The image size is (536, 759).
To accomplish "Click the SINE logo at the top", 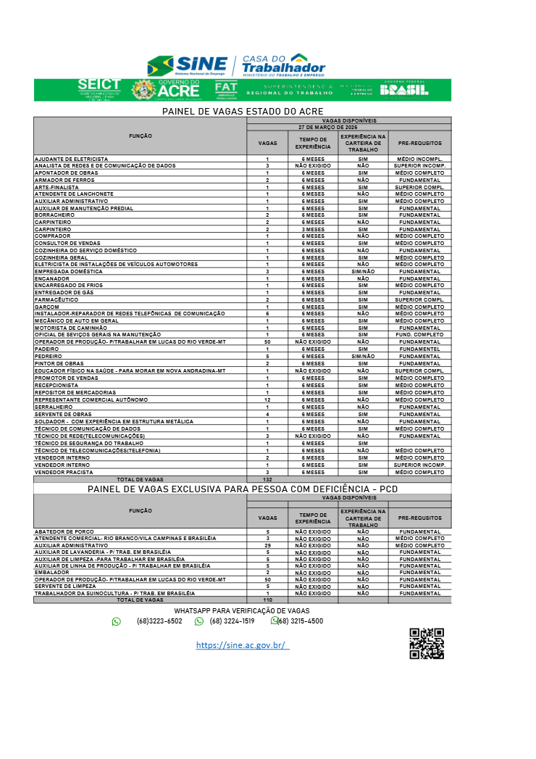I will (x=187, y=65).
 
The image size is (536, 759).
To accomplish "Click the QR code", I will (x=427, y=643).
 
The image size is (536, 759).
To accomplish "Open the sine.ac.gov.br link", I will (x=242, y=644).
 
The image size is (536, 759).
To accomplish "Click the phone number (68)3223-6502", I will (x=159, y=621).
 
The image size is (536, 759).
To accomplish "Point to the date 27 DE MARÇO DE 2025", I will (x=348, y=126).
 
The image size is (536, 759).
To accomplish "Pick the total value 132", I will (x=267, y=479).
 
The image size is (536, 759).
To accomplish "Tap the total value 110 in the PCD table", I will (x=267, y=600).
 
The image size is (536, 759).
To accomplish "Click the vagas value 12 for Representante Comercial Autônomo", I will (x=267, y=399).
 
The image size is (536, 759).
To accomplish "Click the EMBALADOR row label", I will (x=51, y=573).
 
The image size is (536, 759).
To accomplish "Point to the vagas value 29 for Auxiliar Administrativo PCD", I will (x=267, y=545).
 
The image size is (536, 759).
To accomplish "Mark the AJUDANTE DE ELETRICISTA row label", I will (x=71, y=159).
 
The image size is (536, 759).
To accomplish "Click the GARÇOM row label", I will (x=47, y=307).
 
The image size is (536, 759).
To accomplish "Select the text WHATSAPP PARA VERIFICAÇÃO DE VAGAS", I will (x=242, y=611).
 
